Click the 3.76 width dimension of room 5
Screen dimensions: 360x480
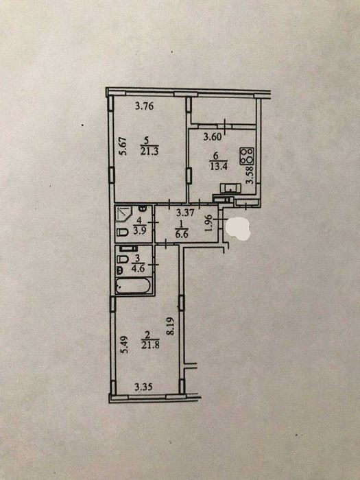144,106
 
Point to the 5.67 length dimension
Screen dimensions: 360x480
123,147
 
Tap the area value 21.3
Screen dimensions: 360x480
149,152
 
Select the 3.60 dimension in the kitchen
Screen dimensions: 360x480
213,136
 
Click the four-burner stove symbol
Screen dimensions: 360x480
247,156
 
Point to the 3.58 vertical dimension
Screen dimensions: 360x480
250,174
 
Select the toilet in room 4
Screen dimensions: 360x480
123,232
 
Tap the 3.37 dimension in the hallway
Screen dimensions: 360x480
185,213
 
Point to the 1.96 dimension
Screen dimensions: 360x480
208,224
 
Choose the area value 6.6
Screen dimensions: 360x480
182,235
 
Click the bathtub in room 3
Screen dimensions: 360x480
133,286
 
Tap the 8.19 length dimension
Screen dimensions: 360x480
171,326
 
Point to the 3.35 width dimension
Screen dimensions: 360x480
143,387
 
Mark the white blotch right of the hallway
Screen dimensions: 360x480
238,228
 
